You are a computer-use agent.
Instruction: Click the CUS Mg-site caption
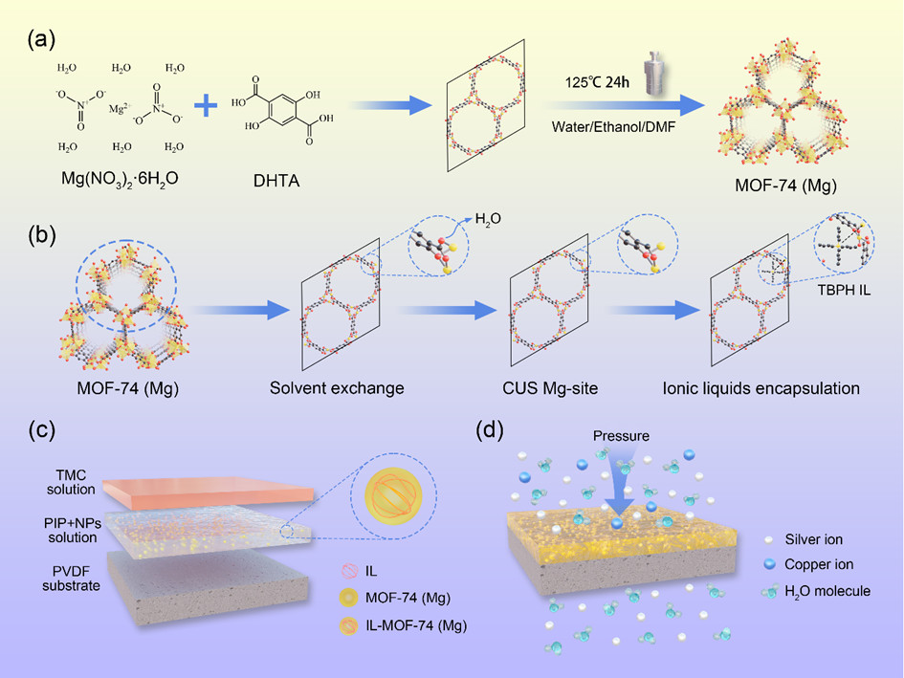click(538, 388)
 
